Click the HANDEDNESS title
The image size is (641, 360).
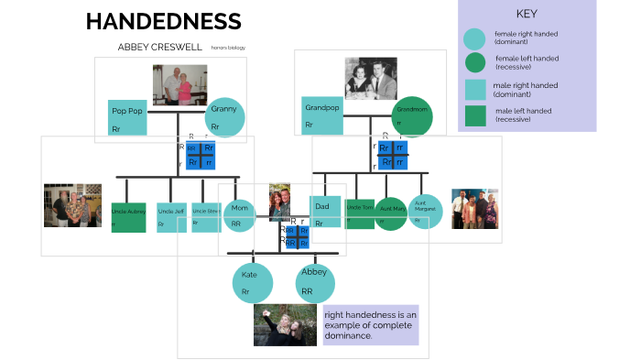[x=163, y=22]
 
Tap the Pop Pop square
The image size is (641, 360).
[x=127, y=117]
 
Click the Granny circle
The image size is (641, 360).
[x=224, y=116]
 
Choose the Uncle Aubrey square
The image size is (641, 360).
[x=128, y=217]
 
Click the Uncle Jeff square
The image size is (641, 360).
[x=171, y=217]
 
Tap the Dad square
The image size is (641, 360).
[x=325, y=213]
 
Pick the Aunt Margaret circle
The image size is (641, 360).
[x=425, y=212]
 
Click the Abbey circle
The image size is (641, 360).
[x=314, y=282]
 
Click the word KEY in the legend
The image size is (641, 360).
[x=527, y=14]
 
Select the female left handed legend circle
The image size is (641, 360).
[x=474, y=62]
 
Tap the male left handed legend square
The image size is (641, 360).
[x=474, y=115]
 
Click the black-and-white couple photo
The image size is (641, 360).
[x=371, y=78]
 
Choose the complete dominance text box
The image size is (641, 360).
[x=370, y=324]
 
